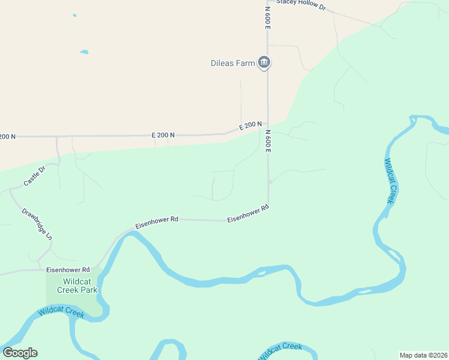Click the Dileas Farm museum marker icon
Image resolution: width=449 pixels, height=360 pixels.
(x=264, y=62)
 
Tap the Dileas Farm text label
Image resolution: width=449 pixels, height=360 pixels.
(x=233, y=63)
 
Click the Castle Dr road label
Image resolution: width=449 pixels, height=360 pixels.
(x=34, y=176)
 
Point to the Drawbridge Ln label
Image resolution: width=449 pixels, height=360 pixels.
(x=37, y=224)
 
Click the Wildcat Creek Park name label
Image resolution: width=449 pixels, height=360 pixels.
(x=77, y=286)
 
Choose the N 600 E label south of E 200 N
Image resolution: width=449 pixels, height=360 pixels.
(x=268, y=141)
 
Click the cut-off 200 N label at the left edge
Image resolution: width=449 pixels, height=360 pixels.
(x=7, y=137)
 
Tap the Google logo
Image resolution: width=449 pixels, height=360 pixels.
(x=20, y=353)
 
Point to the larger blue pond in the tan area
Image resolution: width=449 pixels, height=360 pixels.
(x=83, y=52)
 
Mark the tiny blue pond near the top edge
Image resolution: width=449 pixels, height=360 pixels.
(x=74, y=15)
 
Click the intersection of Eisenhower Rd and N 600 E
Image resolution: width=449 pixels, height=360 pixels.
(x=268, y=206)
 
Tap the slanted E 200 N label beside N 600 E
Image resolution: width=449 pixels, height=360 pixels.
(x=250, y=126)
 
